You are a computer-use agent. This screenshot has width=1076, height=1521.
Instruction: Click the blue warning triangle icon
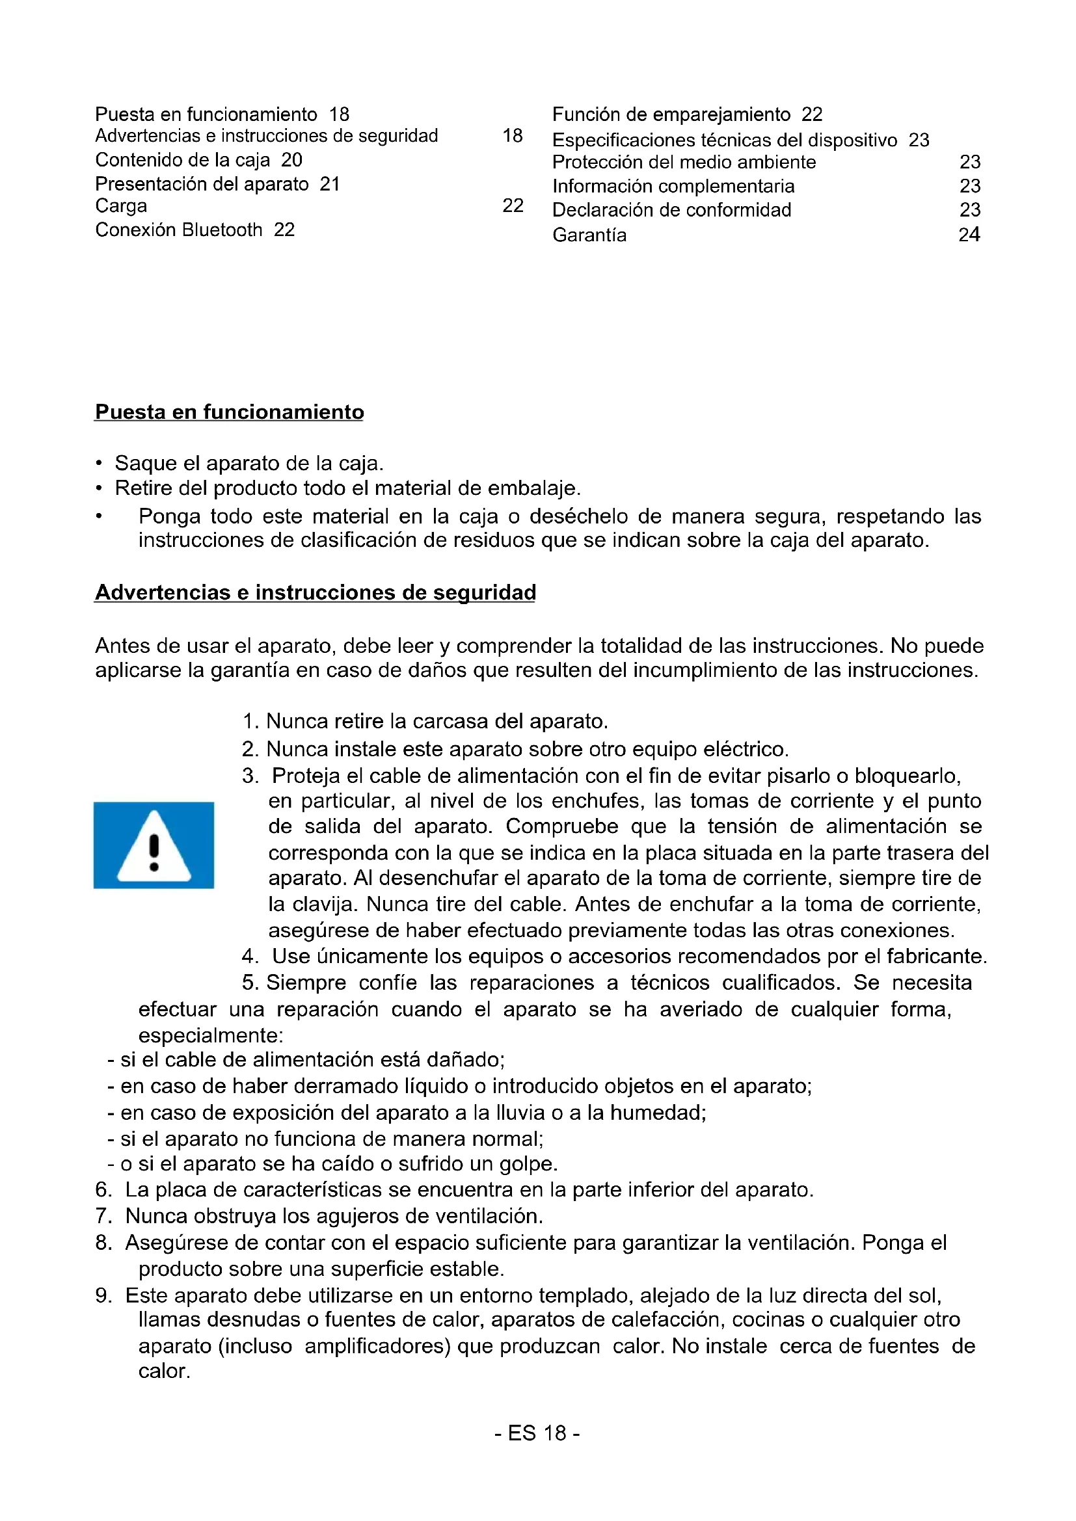coord(154,845)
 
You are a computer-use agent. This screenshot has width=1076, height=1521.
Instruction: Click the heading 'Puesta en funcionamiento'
coord(229,412)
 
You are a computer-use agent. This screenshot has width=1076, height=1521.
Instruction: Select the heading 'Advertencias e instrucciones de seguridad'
coord(316,592)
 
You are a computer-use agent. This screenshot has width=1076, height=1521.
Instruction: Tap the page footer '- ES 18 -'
coord(537,1433)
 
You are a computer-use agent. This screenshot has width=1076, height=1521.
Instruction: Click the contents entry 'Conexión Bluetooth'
coord(179,230)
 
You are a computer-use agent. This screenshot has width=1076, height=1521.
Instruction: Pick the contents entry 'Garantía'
coord(589,235)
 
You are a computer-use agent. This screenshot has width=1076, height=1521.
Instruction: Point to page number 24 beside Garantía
coord(969,235)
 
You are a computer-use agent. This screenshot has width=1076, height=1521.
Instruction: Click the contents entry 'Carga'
coord(121,206)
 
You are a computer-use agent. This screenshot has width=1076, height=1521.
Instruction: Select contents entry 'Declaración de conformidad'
coord(672,210)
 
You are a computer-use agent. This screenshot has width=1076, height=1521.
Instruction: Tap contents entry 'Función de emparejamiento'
coord(671,114)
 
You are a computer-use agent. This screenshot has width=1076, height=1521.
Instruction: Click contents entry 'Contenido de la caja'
coord(183,160)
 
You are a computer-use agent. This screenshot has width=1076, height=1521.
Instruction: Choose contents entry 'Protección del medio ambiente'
coord(684,163)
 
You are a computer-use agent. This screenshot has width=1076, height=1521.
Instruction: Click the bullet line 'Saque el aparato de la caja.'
coord(249,462)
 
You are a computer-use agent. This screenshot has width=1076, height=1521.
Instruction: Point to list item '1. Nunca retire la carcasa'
coord(425,721)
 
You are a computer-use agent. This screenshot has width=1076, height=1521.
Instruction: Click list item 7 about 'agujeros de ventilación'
coord(319,1215)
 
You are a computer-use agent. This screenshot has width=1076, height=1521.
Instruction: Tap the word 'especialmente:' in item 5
coord(211,1035)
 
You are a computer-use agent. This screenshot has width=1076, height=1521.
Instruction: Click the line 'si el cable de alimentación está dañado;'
coord(312,1059)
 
